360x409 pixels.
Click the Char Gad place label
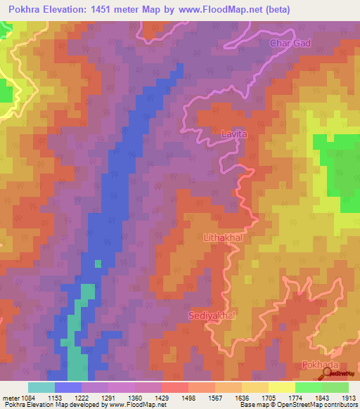click(x=290, y=44)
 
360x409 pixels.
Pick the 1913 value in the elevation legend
click(x=349, y=398)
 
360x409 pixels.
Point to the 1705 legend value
click(x=255, y=398)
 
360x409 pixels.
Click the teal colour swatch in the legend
click(x=41, y=387)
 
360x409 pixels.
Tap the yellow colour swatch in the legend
click(x=281, y=387)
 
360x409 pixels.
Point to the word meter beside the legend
click(x=11, y=398)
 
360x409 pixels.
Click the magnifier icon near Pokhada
click(x=327, y=375)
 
